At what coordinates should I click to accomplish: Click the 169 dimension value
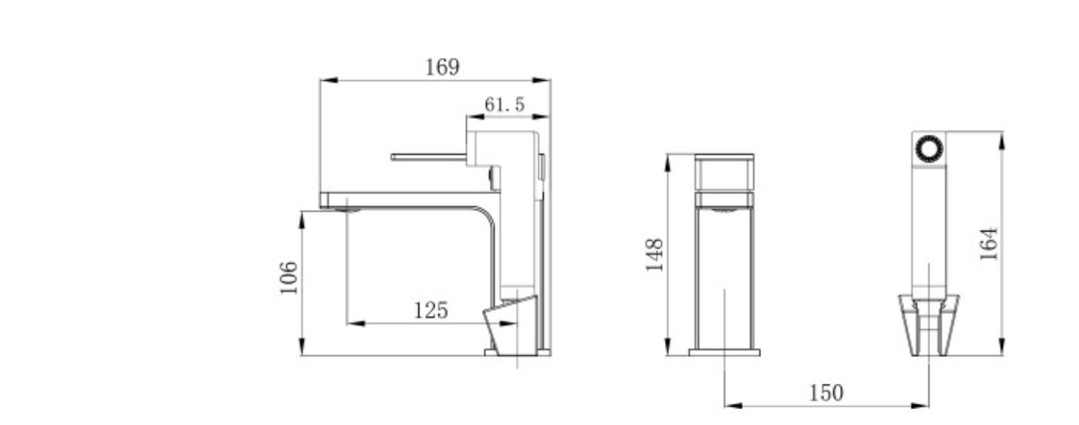point(442,67)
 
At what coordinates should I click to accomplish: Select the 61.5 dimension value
point(504,105)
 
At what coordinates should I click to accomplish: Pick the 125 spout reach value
point(431,310)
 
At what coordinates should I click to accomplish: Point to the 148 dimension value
point(654,255)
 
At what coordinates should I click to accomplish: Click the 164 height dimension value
point(989,244)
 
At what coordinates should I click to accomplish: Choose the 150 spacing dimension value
point(826,392)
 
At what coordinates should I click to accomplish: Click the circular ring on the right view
point(928,149)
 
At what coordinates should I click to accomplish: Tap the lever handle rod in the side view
point(429,157)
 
